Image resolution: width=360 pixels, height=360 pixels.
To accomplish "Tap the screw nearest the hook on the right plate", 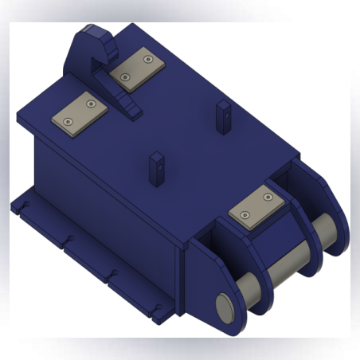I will tap(126, 76).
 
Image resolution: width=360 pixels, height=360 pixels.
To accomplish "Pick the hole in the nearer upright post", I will tap(156, 168).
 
